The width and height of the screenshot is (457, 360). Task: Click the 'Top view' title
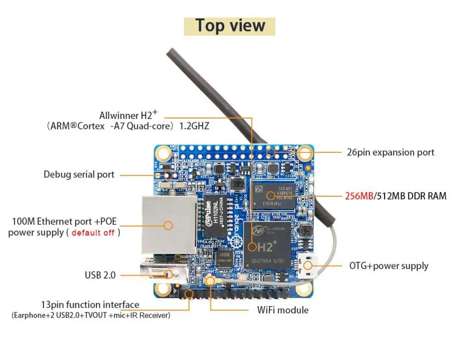(229, 26)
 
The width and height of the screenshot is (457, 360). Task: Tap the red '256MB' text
(359, 196)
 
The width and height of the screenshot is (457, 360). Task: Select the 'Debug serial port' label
(79, 174)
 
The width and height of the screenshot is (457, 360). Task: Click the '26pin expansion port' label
(390, 152)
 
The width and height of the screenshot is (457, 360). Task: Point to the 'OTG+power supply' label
(389, 265)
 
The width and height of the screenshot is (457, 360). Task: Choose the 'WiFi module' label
(283, 310)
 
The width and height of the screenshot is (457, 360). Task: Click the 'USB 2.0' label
(100, 275)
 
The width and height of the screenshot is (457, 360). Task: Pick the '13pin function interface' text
(90, 305)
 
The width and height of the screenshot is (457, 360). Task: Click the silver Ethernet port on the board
(169, 225)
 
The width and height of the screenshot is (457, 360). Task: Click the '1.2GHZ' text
(194, 127)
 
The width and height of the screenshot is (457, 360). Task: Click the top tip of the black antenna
(170, 53)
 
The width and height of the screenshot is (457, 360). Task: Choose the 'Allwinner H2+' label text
(128, 115)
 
